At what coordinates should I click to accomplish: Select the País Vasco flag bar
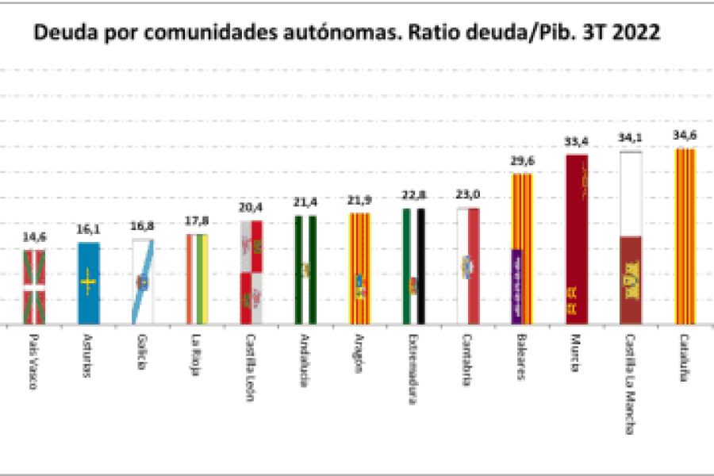click(34, 287)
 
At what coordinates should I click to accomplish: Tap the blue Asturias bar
click(88, 283)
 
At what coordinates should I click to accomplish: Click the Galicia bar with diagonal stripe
click(143, 282)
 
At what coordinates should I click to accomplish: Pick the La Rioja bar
click(197, 279)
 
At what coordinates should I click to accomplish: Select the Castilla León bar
click(251, 272)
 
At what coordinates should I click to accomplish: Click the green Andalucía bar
click(305, 270)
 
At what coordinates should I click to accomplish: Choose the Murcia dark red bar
click(577, 240)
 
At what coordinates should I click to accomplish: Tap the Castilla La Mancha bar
click(631, 238)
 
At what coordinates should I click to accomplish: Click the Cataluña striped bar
click(685, 236)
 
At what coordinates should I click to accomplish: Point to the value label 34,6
click(685, 135)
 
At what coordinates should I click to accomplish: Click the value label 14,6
click(34, 236)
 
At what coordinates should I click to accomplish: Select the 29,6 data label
click(522, 160)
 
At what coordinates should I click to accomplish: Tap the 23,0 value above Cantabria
click(468, 194)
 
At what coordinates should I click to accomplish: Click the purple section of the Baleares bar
click(516, 287)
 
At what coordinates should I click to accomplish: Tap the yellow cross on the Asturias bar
click(88, 279)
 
